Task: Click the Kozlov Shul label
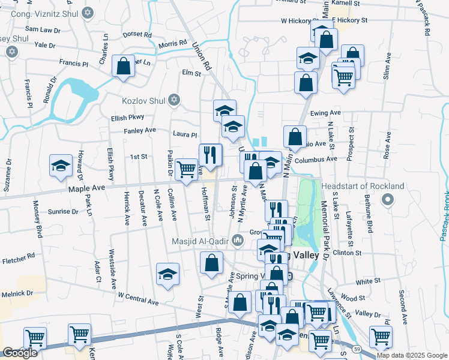pos(142,100)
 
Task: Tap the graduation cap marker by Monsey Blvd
pos(61,165)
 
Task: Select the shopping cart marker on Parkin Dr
pos(187,169)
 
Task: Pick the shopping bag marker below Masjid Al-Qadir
pos(211,262)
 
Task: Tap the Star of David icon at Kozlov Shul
pos(174,100)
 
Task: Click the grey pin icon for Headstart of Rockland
pos(388,199)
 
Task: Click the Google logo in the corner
pos(20,353)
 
